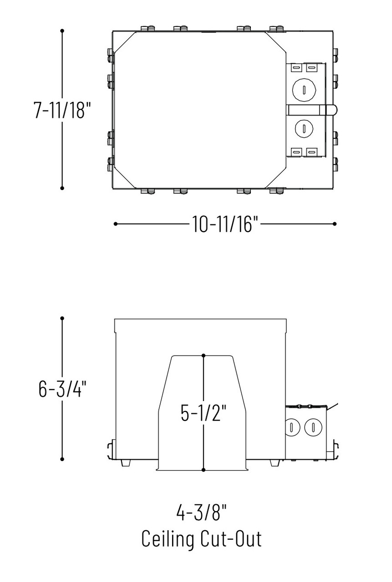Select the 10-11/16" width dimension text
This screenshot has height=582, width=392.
click(x=224, y=224)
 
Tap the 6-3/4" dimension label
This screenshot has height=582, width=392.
click(x=62, y=389)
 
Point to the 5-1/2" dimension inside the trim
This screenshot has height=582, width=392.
click(x=204, y=413)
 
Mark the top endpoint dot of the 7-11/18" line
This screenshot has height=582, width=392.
click(x=62, y=31)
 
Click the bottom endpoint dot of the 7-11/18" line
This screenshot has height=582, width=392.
click(x=62, y=187)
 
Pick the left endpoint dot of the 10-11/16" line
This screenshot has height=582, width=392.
click(x=116, y=224)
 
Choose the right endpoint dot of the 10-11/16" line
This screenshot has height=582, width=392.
click(x=335, y=224)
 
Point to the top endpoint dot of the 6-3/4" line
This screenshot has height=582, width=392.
click(x=62, y=318)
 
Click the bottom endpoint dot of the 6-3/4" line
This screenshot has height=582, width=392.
click(x=62, y=459)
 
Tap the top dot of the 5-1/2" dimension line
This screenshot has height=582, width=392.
click(x=204, y=355)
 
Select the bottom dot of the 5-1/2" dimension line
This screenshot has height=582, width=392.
click(x=204, y=470)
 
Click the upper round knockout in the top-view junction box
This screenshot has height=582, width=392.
click(x=303, y=88)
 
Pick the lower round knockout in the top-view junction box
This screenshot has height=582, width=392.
click(x=303, y=128)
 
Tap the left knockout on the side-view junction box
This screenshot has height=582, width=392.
click(x=290, y=427)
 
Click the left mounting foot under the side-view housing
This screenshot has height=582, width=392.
click(x=126, y=462)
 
